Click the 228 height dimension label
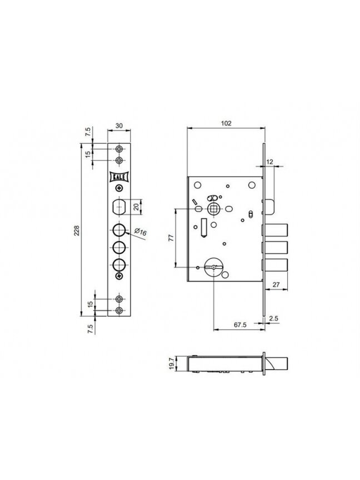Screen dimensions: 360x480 (x=77, y=231)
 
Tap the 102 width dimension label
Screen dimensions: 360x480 (x=226, y=123)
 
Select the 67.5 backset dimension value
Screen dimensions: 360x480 (x=240, y=325)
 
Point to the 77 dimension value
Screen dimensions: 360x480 (x=171, y=238)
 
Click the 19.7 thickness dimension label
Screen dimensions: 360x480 (x=172, y=363)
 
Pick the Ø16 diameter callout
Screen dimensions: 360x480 (x=140, y=232)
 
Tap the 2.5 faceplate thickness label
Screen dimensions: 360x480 (x=274, y=318)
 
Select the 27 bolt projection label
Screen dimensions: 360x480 (x=276, y=284)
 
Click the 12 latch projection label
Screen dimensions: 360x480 (x=269, y=162)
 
